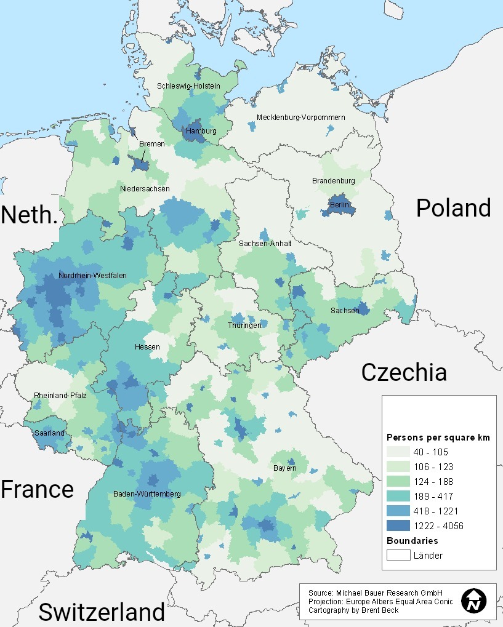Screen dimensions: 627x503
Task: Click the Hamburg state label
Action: [x=201, y=131]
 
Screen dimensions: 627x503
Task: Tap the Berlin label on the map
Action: [x=339, y=205]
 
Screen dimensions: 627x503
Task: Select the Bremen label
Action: [x=151, y=144]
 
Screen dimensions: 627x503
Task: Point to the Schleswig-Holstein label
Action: [x=188, y=86]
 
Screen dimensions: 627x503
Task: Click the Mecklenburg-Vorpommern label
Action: [x=301, y=118]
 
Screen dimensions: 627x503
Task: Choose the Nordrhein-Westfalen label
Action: [x=93, y=276]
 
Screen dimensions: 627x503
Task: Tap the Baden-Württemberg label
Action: [x=147, y=494]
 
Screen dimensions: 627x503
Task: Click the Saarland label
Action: [x=49, y=433]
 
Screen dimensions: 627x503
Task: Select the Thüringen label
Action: [x=244, y=325]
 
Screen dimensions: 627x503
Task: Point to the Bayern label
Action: [x=285, y=468]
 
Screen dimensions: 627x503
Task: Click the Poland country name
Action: [x=453, y=209]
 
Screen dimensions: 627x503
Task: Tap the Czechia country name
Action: [x=404, y=373]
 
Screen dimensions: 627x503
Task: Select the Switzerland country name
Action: [x=102, y=612]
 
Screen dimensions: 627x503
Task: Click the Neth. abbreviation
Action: [x=29, y=215]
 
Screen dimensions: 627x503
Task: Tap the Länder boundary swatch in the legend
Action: [x=398, y=556]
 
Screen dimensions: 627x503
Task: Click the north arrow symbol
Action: [x=474, y=601]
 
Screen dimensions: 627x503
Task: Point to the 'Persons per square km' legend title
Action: [x=438, y=437]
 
